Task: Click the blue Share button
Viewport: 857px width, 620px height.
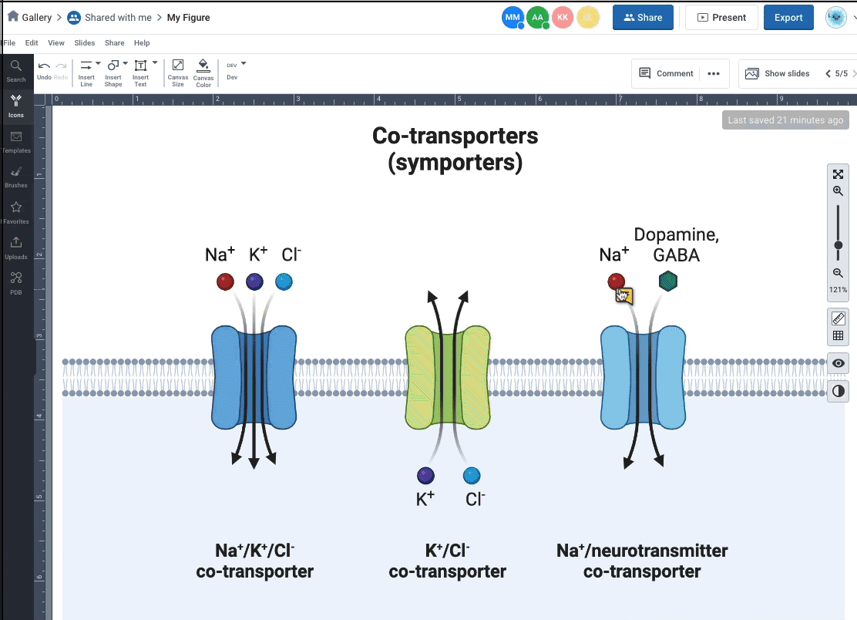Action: pyautogui.click(x=643, y=18)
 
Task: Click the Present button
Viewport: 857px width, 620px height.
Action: pyautogui.click(x=721, y=18)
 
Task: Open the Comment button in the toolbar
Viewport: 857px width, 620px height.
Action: pyautogui.click(x=667, y=73)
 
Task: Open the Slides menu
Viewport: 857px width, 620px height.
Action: pyautogui.click(x=85, y=43)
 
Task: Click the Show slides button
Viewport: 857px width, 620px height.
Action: pyautogui.click(x=778, y=73)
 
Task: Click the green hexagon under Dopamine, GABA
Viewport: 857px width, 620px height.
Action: pyautogui.click(x=668, y=281)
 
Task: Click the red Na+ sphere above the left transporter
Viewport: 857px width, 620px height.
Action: pyautogui.click(x=225, y=281)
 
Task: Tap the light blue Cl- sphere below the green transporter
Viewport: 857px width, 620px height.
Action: pyautogui.click(x=472, y=475)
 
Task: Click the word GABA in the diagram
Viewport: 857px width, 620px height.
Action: pyautogui.click(x=676, y=255)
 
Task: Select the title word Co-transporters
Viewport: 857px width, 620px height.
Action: pyautogui.click(x=455, y=136)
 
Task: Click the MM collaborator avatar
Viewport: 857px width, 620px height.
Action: pyautogui.click(x=513, y=18)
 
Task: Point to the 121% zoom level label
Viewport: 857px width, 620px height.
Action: pyautogui.click(x=838, y=290)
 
